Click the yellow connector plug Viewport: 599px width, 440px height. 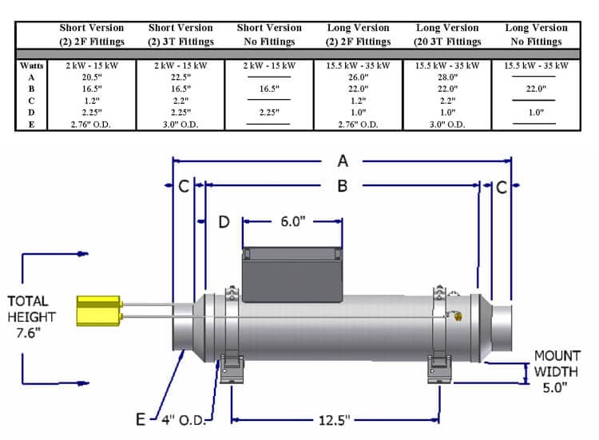click(x=98, y=311)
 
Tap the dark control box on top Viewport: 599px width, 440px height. click(x=292, y=275)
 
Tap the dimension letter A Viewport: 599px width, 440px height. click(x=343, y=161)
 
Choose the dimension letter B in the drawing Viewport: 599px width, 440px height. click(x=342, y=185)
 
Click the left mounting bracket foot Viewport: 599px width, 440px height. click(x=231, y=369)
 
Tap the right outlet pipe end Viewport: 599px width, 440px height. click(x=502, y=327)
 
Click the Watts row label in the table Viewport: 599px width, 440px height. click(x=32, y=65)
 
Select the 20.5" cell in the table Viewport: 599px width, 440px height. click(x=91, y=77)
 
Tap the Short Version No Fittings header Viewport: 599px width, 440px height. click(x=266, y=34)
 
